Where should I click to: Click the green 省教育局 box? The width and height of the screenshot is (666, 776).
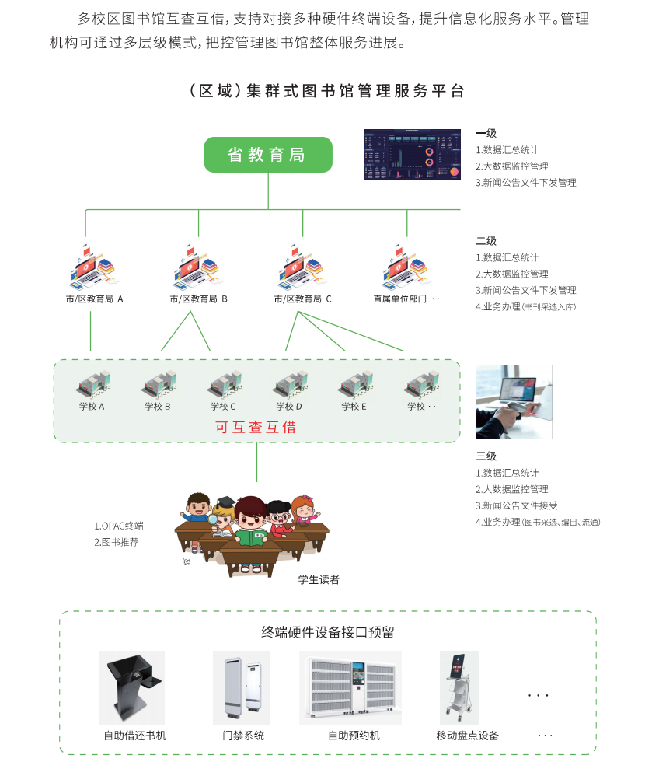tap(268, 155)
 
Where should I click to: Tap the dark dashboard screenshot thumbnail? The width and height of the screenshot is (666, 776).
tap(413, 154)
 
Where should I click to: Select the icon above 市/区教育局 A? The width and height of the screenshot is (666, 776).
tap(92, 267)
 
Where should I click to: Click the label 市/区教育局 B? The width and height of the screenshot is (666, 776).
tap(199, 299)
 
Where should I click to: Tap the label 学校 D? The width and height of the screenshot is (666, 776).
tap(289, 406)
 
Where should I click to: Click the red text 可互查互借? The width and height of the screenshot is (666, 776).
tap(256, 427)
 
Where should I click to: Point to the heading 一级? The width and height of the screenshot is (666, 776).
tap(486, 133)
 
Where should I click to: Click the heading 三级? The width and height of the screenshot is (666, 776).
tap(486, 456)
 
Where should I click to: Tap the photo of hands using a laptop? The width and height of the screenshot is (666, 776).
tap(514, 402)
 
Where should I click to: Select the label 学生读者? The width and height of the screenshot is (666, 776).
tap(319, 579)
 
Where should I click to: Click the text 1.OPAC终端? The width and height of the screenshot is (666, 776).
tap(119, 526)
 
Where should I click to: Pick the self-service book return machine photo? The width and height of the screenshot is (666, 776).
tap(132, 687)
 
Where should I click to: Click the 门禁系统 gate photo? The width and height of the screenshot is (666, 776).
tap(241, 687)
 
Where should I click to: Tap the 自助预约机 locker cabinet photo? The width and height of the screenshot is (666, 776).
tap(350, 687)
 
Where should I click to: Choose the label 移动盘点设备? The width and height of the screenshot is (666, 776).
tap(468, 736)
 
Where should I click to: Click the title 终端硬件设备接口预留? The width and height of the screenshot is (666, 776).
tap(328, 632)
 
